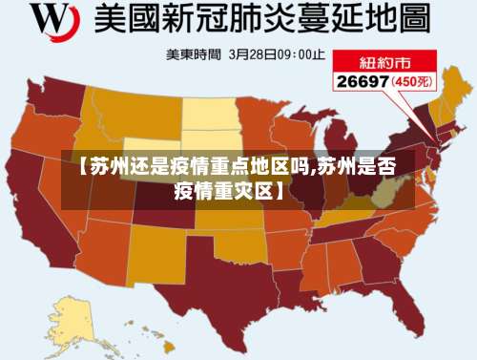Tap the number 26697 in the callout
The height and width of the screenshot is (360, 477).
pyautogui.click(x=361, y=81)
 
